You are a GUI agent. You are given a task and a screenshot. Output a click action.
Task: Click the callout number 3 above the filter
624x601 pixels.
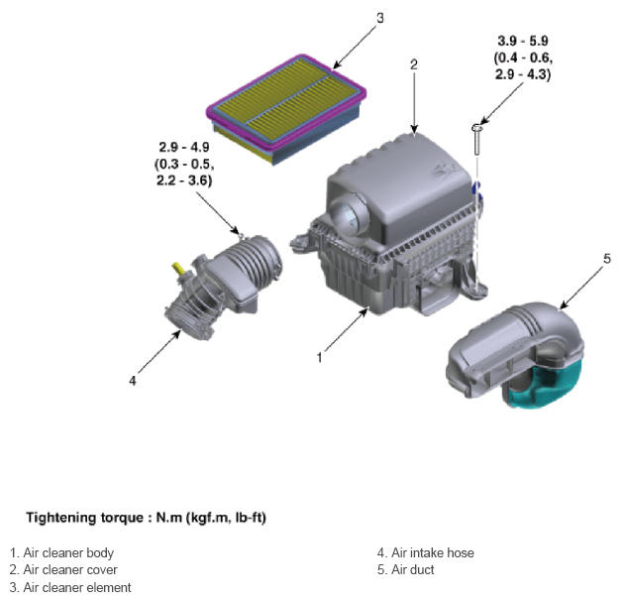point(380,18)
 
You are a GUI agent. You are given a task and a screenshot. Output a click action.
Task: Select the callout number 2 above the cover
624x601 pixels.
point(414,64)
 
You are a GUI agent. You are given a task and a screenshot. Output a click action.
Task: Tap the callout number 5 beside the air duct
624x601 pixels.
point(606,259)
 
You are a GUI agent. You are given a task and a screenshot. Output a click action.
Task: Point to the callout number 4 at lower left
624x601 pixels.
point(133,381)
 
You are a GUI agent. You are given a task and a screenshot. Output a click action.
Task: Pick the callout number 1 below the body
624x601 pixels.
point(319,357)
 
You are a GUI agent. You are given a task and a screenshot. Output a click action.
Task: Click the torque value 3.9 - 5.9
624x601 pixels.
point(523,41)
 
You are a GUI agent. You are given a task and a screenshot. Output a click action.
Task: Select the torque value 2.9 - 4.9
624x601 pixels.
point(184,147)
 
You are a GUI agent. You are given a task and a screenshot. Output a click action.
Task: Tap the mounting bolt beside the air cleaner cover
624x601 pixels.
point(476,139)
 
